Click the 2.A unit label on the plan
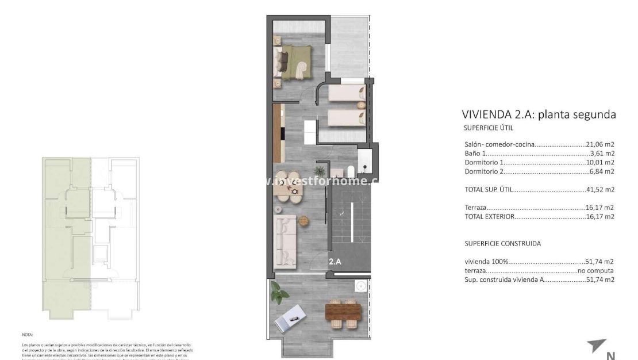pos(335,261)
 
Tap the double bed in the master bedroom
pos(295,62)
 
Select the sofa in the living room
pos(285,240)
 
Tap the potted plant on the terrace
pos(280,296)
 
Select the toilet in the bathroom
pos(349,170)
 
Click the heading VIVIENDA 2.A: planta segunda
pos(539,114)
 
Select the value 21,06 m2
pos(600,144)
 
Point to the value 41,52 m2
pos(600,189)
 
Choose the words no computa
pos(596,270)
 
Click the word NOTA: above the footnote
pos(28,334)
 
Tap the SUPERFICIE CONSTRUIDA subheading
pos(502,243)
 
